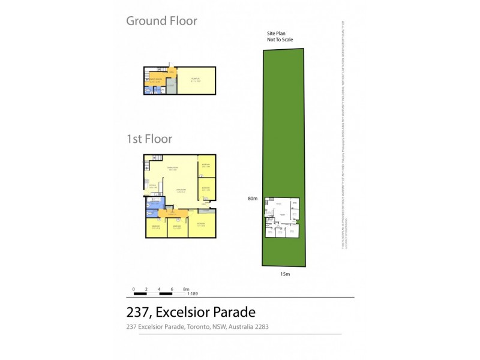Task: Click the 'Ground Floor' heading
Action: click(161, 21)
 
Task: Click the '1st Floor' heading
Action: click(149, 139)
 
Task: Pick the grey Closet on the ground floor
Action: click(171, 86)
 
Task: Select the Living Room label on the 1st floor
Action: click(180, 191)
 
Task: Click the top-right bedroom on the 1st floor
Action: click(206, 166)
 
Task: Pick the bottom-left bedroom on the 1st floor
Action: click(156, 227)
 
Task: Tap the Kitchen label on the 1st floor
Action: click(152, 187)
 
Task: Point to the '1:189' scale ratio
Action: click(193, 294)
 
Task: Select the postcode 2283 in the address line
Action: click(260, 327)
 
